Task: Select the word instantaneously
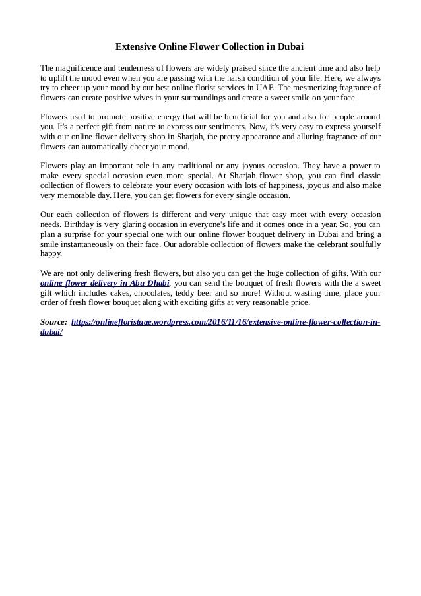point(95,244)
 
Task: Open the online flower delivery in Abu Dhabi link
point(105,282)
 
